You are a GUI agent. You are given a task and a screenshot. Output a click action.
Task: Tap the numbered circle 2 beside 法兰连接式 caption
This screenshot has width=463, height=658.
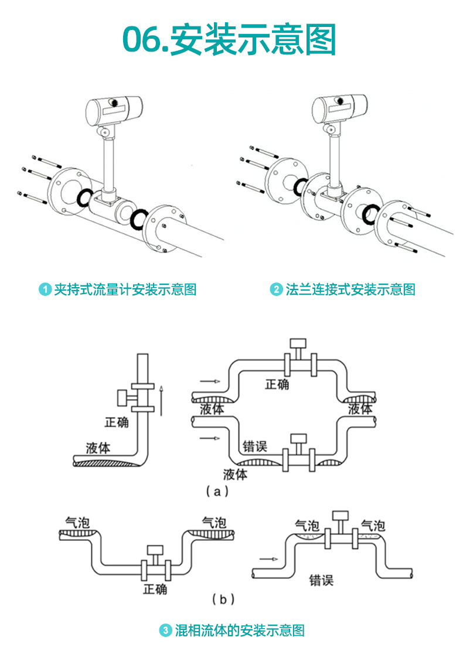tap(276, 289)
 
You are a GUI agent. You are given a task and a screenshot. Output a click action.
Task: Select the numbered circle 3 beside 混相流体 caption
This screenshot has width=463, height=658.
tap(166, 630)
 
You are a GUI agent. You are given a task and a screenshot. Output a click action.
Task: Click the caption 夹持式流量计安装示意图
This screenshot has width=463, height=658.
tap(125, 289)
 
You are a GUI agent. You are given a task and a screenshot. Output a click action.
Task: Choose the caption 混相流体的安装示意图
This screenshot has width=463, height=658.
tap(240, 630)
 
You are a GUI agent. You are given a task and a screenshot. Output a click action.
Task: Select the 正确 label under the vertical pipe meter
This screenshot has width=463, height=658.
tap(117, 422)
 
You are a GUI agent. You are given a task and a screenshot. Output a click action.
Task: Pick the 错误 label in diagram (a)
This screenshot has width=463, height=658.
tap(255, 446)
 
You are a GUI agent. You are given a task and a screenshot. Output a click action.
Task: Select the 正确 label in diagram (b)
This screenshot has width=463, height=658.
tap(155, 589)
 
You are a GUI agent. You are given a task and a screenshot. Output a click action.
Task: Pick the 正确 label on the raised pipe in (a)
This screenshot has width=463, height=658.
tap(277, 384)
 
